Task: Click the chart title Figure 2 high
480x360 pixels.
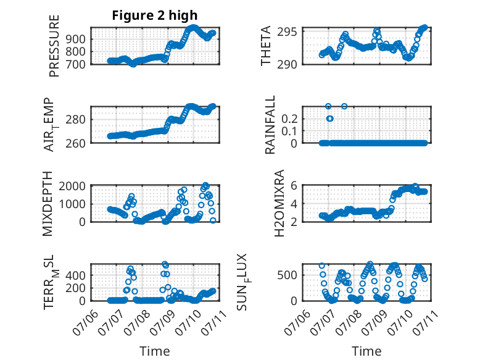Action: pyautogui.click(x=155, y=15)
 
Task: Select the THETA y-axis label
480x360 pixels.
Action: pyautogui.click(x=266, y=45)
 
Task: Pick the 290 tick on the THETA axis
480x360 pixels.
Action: pyautogui.click(x=292, y=64)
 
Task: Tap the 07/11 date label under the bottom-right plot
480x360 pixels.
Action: pyautogui.click(x=426, y=320)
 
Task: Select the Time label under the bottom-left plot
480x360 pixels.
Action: pyautogui.click(x=155, y=351)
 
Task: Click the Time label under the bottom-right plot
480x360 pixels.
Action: pyautogui.click(x=366, y=351)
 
